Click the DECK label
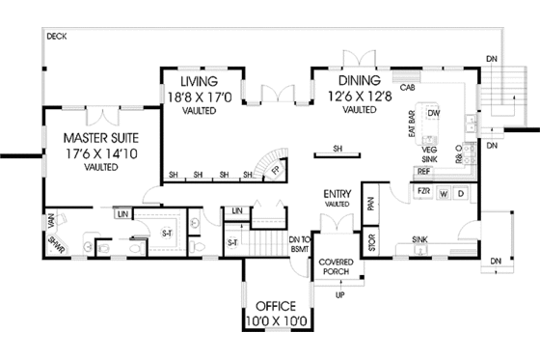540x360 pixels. coord(56,36)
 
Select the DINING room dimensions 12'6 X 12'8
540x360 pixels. coord(359,96)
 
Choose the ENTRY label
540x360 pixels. coord(336,194)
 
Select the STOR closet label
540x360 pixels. coord(373,236)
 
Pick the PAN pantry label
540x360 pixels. coord(372,201)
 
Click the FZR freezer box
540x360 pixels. coord(421,192)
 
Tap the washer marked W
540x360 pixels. coord(443,192)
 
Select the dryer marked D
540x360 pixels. coord(461,192)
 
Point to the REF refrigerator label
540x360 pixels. coord(423,171)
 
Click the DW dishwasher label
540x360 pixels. coord(434,113)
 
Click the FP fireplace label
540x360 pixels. coord(274,172)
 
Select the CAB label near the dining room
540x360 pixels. coord(408,87)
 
